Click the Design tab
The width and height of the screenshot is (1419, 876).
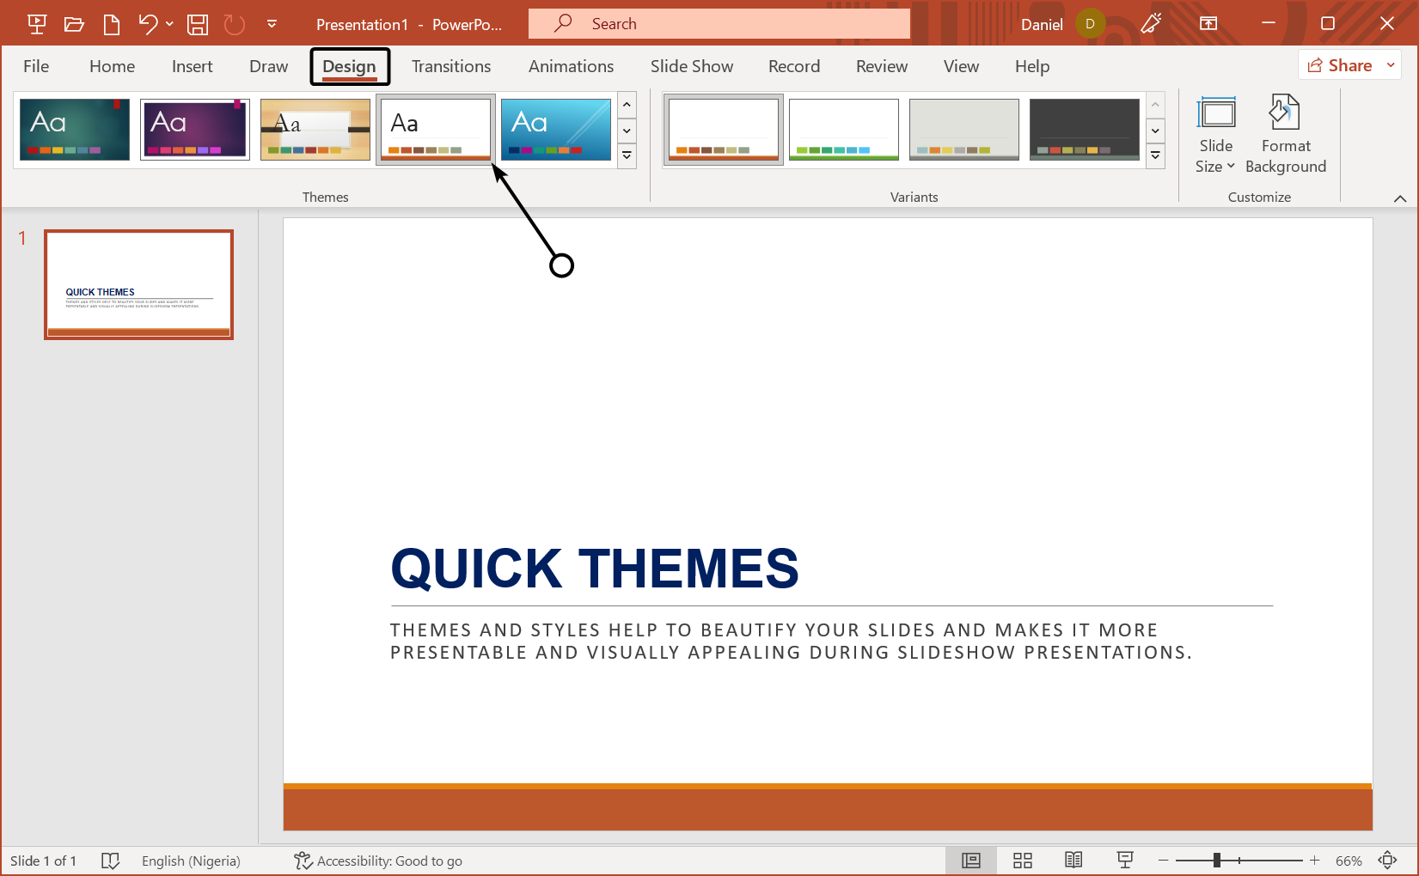(350, 66)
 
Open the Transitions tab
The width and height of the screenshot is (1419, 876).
(451, 66)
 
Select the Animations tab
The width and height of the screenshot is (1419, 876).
(571, 66)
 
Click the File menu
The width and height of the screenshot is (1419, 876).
(36, 66)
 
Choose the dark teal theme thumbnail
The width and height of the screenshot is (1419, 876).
(75, 130)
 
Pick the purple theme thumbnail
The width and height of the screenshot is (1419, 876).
(195, 130)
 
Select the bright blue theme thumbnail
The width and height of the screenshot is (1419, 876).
(555, 130)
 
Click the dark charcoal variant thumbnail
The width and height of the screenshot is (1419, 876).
(1084, 130)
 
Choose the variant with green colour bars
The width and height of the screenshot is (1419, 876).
(843, 130)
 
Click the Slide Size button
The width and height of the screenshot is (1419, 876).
(1215, 135)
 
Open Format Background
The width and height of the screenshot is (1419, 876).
(1285, 135)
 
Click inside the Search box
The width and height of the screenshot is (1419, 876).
(731, 24)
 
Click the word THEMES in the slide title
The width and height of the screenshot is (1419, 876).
(688, 569)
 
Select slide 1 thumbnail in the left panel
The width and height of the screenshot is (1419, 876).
(139, 284)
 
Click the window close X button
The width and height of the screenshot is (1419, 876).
(1386, 24)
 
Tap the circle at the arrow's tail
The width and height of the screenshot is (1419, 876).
(561, 265)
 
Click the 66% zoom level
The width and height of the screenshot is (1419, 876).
(1348, 861)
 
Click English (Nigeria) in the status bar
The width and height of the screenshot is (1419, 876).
(191, 861)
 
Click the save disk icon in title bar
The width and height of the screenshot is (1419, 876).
(198, 24)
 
